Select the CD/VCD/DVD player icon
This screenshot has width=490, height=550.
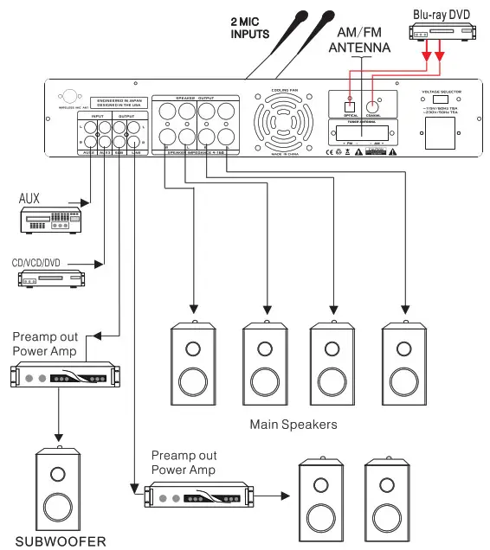coord(52,278)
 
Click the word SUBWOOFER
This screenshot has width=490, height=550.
coord(59,541)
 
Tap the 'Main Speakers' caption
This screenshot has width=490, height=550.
coord(293,425)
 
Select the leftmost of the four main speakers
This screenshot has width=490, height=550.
coord(193,363)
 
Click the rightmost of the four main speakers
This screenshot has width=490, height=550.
coord(405,363)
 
